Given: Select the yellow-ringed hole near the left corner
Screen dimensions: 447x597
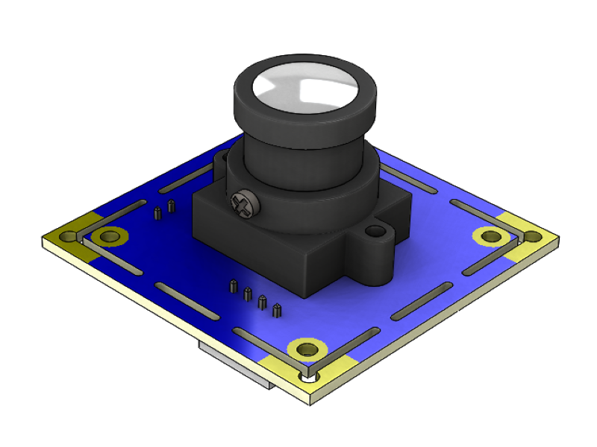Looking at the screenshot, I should click(110, 237).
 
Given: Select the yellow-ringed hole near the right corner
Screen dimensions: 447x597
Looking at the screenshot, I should click(490, 236).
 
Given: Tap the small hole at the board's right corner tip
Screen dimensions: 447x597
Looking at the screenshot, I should click(533, 236).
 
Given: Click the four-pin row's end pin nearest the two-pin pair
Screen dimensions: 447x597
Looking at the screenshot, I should click(234, 285).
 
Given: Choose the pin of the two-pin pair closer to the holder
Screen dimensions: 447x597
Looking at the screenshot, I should click(172, 206).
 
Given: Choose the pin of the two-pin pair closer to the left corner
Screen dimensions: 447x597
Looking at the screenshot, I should click(157, 214).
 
